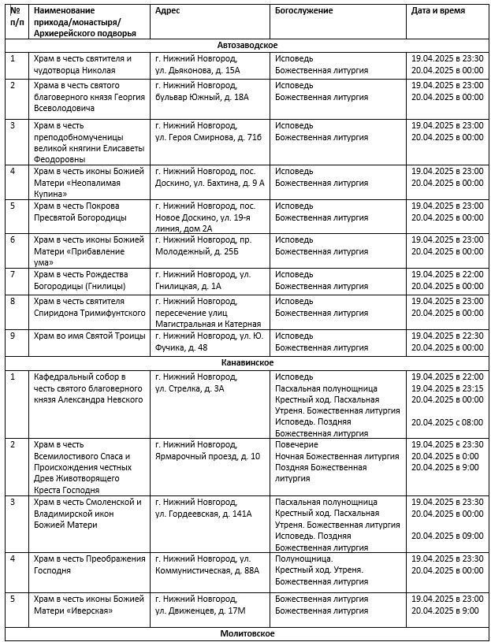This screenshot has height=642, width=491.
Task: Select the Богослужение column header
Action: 304,11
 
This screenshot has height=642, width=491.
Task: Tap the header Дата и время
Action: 438,11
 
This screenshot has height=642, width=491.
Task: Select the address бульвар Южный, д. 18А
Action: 202,96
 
